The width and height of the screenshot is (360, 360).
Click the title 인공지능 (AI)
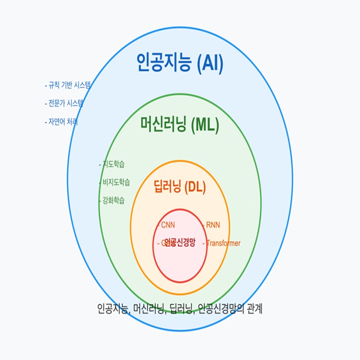(x=180, y=63)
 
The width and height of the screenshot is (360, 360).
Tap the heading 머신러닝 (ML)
(x=180, y=125)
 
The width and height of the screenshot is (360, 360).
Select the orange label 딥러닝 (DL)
(x=180, y=187)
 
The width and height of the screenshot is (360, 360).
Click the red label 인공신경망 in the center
(x=180, y=243)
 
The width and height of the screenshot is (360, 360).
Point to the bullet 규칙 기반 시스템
(x=68, y=85)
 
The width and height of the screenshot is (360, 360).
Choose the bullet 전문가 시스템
(x=64, y=104)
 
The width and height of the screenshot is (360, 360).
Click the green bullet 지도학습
(x=112, y=164)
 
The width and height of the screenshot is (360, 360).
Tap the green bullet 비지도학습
(x=115, y=182)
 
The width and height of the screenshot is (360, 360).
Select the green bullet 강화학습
(x=112, y=201)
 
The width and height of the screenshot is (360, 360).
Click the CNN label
(x=167, y=225)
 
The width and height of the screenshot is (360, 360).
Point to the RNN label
(x=213, y=225)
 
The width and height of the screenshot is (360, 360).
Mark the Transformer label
(x=222, y=243)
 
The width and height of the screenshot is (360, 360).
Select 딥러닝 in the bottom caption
(x=181, y=309)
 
